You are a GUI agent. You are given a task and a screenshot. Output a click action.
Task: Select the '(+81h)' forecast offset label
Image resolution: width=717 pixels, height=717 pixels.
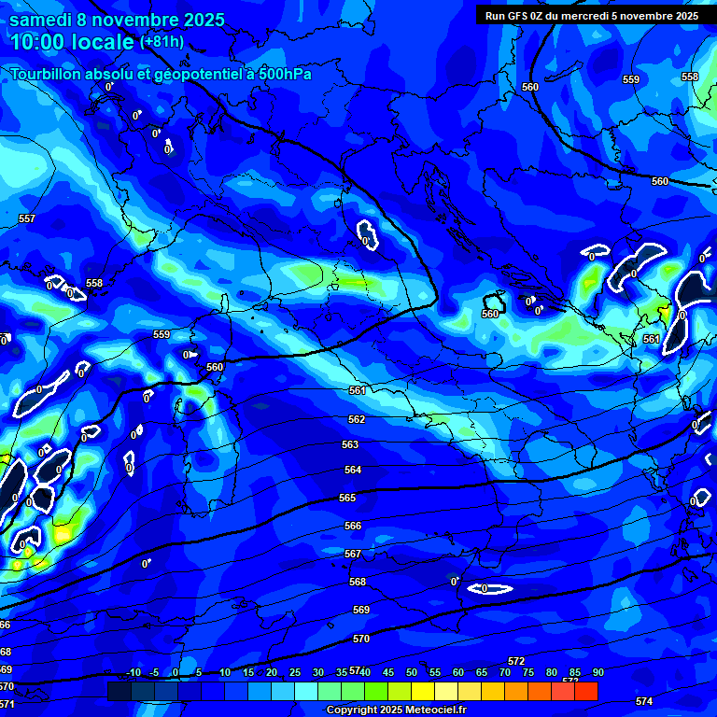click(x=162, y=42)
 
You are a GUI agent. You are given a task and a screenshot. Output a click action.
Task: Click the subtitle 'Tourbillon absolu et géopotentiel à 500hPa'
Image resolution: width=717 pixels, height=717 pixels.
click(x=161, y=75)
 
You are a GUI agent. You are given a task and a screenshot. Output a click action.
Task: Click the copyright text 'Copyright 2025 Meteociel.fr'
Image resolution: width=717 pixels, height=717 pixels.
click(x=396, y=710)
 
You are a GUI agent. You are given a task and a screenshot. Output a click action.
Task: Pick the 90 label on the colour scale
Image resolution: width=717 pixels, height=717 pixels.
click(x=597, y=672)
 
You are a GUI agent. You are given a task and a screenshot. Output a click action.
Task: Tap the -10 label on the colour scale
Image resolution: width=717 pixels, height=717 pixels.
click(x=134, y=672)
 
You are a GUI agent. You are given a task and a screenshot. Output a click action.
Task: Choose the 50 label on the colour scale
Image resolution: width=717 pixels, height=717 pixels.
click(x=412, y=672)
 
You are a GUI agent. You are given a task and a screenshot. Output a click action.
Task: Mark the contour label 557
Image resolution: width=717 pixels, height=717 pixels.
click(x=27, y=218)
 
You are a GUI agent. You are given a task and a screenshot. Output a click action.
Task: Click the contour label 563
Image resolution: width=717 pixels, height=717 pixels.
click(x=350, y=445)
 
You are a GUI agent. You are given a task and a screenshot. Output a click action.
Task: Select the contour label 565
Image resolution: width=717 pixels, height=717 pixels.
click(x=347, y=499)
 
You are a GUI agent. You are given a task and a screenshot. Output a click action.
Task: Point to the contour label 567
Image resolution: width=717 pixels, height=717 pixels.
click(x=353, y=555)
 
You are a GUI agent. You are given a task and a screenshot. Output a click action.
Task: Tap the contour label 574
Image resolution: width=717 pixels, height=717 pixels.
click(x=643, y=701)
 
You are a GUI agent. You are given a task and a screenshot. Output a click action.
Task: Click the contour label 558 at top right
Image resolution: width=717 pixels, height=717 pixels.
click(x=690, y=77)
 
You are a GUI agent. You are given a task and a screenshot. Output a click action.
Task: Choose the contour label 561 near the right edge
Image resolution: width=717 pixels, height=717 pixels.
click(x=651, y=339)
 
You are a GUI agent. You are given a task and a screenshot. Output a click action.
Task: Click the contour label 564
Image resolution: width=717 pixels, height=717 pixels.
click(x=352, y=471)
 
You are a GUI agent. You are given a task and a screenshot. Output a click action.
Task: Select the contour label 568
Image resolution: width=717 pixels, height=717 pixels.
click(x=358, y=582)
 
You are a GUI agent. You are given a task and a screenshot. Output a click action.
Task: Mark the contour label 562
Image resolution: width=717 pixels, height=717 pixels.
click(x=357, y=420)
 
